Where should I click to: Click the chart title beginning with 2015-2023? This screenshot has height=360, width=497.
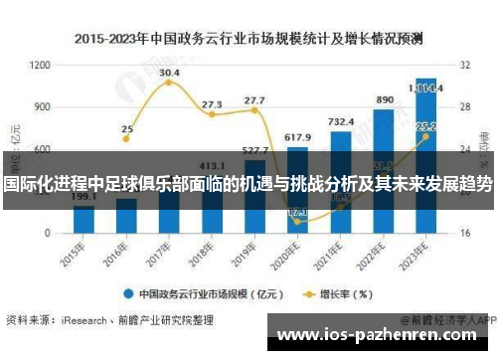pyautogui.click(x=248, y=39)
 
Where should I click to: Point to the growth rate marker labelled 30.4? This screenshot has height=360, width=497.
pyautogui.click(x=169, y=83)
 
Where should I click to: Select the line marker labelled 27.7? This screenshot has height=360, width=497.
pyautogui.click(x=254, y=110)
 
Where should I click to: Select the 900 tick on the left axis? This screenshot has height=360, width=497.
pyautogui.click(x=43, y=106)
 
